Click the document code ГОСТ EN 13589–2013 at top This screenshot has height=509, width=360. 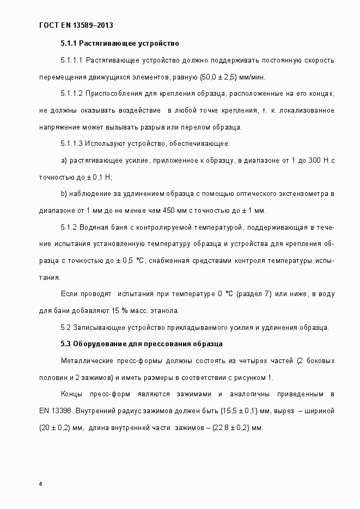(x=76, y=25)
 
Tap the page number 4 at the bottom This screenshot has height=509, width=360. (x=41, y=484)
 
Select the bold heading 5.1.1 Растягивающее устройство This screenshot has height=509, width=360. (x=119, y=42)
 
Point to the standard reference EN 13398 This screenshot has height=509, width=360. (x=56, y=411)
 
